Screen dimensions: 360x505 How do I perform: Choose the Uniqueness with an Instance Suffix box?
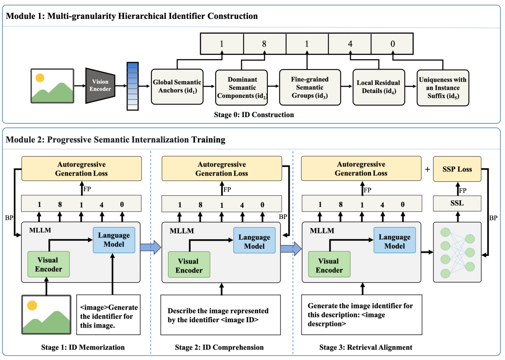(443, 88)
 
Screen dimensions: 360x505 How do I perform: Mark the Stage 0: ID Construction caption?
(254, 114)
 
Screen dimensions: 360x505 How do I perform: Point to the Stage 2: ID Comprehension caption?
(219, 347)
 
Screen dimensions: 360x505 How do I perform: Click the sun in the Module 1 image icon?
(40, 78)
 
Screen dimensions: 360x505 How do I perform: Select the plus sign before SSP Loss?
(427, 169)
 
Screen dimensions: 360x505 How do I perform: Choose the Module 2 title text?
(115, 139)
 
